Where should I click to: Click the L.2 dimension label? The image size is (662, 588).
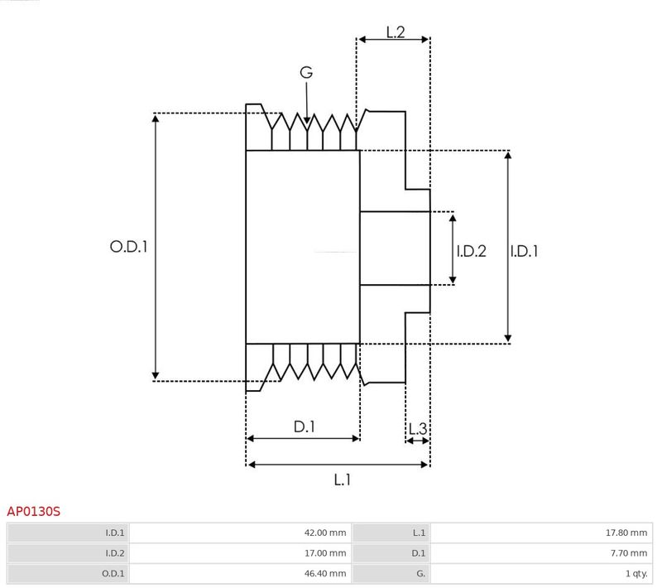tap(396, 31)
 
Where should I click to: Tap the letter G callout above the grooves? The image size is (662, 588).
tap(306, 72)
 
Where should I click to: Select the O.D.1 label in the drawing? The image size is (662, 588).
tap(129, 247)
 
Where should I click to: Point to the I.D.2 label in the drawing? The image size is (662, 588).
tap(472, 251)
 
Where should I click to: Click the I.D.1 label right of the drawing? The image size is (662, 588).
tap(524, 251)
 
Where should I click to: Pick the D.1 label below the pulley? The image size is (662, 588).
tap(305, 427)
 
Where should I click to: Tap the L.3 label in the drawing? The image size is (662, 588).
tap(418, 429)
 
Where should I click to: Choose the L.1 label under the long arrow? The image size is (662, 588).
tap(343, 480)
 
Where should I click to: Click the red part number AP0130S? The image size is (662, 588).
tap(33, 512)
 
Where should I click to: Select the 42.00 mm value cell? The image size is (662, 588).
tap(325, 533)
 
